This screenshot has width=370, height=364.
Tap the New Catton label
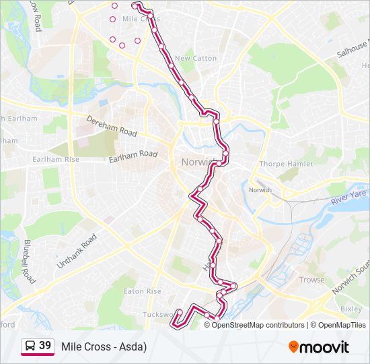tap(196, 59)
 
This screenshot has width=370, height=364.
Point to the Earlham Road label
tap(133, 156)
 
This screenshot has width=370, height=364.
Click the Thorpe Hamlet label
tap(286, 164)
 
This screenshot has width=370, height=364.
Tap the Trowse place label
tap(311, 280)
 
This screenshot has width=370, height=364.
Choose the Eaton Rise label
tap(143, 291)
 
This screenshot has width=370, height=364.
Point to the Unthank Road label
tap(77, 251)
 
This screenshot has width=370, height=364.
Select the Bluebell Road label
tap(29, 261)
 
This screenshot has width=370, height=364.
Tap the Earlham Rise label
tap(56, 159)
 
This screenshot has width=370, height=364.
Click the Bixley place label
tap(350, 309)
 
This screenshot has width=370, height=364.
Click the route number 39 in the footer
tap(45, 346)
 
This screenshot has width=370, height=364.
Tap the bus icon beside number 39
tap(30, 346)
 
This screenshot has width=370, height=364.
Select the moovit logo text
tap(325, 347)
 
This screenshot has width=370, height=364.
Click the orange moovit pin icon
tap(293, 346)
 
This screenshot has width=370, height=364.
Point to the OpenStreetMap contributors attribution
tap(258, 325)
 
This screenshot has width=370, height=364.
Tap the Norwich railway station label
tap(260, 190)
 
